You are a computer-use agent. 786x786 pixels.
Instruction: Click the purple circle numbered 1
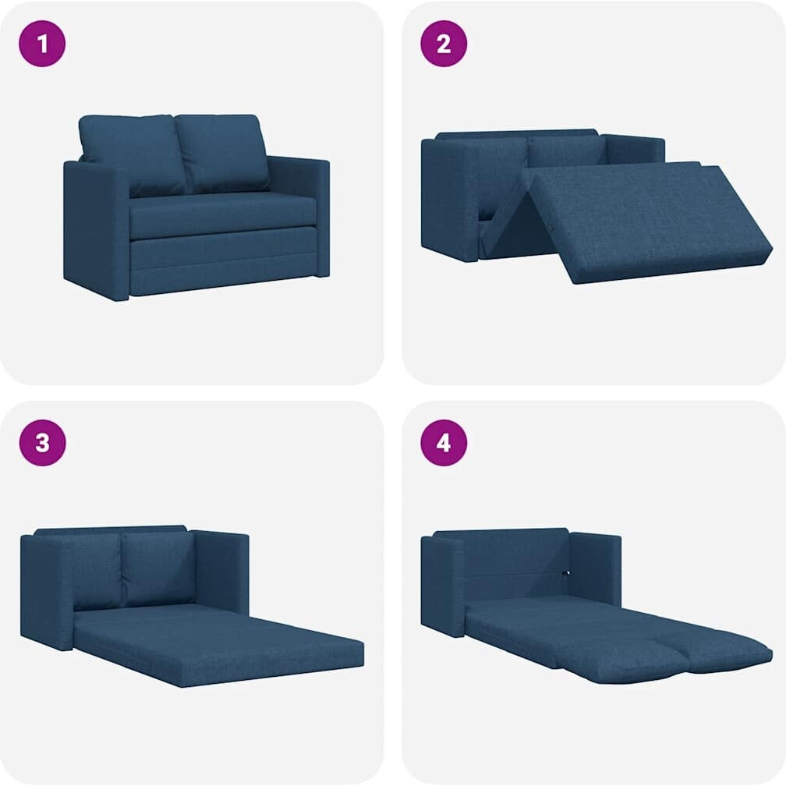(42, 44)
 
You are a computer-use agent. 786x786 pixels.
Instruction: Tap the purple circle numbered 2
(444, 44)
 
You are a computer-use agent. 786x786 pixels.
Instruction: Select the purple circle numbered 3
(43, 443)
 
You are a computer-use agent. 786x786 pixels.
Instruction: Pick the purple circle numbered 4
(444, 443)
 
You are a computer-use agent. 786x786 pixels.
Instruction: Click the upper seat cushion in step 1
(223, 214)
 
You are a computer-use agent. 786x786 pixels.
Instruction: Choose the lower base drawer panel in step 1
(223, 264)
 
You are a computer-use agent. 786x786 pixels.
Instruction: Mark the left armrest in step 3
(48, 592)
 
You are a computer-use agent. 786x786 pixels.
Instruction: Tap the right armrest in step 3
(221, 573)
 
